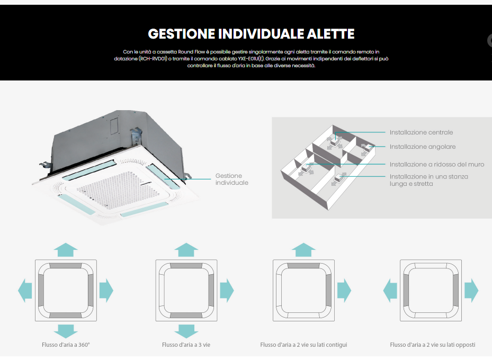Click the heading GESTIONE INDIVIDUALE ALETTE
[x=251, y=34]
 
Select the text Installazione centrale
[x=421, y=132]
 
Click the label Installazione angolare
[x=423, y=147]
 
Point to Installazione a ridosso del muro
[x=437, y=165]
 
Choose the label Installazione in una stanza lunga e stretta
[x=429, y=180]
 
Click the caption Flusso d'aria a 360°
[x=66, y=345]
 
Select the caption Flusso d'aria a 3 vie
[x=186, y=345]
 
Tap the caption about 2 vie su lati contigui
[x=303, y=345]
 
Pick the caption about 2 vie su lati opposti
[x=432, y=345]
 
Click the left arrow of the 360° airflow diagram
[x=25, y=290]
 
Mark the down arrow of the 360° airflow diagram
[x=66, y=331]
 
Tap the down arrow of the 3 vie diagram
[x=186, y=331]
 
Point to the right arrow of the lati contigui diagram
[x=344, y=290]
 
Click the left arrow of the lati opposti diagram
[x=390, y=290]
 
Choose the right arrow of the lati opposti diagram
[x=471, y=290]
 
